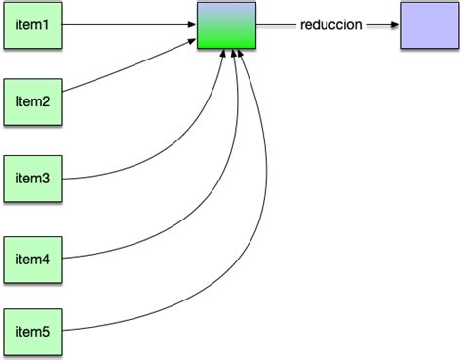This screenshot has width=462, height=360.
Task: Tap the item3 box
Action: tap(33, 179)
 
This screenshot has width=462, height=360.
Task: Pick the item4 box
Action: tap(33, 259)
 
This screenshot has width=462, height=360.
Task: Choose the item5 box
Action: tap(33, 332)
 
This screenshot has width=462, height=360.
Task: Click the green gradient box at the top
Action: tap(225, 25)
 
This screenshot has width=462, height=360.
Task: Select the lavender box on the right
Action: tap(427, 25)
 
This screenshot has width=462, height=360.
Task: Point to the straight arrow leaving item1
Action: tap(127, 25)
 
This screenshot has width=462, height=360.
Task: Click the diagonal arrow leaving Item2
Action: tap(127, 70)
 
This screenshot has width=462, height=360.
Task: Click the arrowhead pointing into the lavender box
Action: tap(393, 26)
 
